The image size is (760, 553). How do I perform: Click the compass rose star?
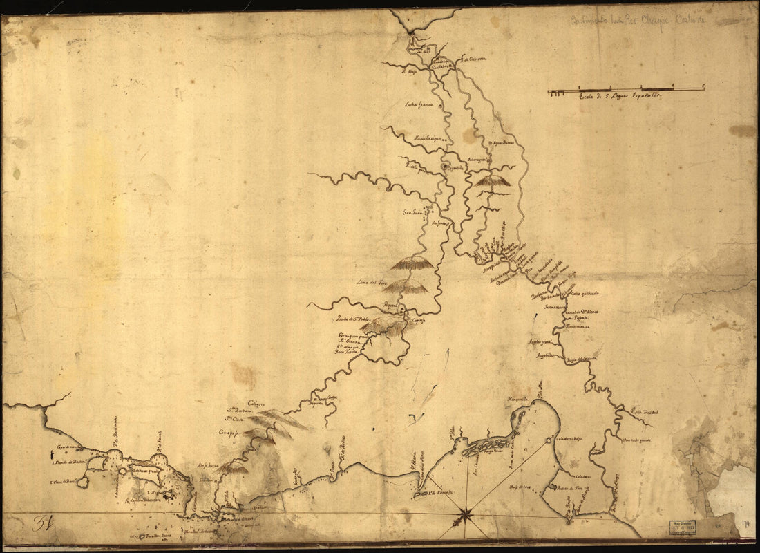pyautogui.click(x=465, y=514)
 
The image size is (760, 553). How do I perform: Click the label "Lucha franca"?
pyautogui.click(x=419, y=105)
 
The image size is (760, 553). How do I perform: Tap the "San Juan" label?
pyautogui.click(x=412, y=212)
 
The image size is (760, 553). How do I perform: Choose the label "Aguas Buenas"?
pyautogui.click(x=504, y=144)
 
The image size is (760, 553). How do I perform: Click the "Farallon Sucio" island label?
pyautogui.click(x=151, y=536)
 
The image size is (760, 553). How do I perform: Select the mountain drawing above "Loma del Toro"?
pyautogui.click(x=412, y=263)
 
